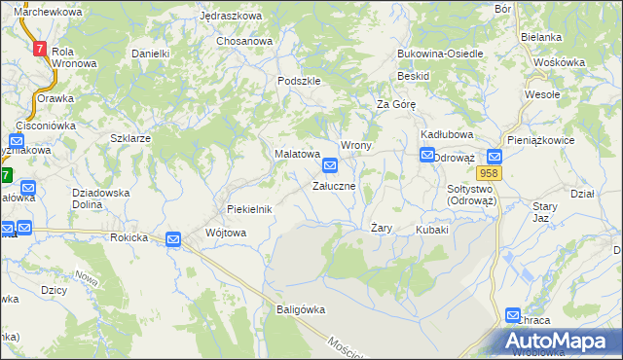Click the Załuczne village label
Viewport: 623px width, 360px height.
click(340, 185)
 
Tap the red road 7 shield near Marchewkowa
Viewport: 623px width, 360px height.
click(39, 48)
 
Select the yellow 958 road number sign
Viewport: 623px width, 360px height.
click(490, 173)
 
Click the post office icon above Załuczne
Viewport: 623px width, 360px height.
click(331, 166)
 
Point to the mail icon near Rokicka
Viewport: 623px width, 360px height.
click(173, 239)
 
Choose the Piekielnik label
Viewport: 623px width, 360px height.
click(249, 209)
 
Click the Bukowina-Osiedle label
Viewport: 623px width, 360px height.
click(440, 54)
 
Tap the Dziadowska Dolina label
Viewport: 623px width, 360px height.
click(102, 198)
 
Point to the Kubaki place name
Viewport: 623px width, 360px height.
click(432, 230)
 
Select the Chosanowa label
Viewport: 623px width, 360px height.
click(244, 42)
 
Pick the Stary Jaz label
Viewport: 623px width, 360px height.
click(544, 212)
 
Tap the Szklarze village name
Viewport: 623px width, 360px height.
click(130, 138)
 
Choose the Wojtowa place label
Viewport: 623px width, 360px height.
click(227, 233)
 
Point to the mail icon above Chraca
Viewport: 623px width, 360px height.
click(514, 315)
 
